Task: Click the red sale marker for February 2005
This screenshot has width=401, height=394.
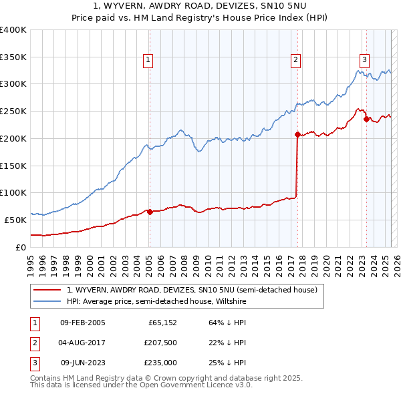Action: tap(150, 212)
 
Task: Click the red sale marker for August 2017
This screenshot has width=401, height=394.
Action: tap(297, 134)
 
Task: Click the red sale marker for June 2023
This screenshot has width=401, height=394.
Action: tap(366, 120)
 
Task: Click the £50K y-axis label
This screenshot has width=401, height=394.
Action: tap(16, 220)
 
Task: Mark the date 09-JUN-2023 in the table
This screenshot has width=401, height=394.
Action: tap(82, 363)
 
